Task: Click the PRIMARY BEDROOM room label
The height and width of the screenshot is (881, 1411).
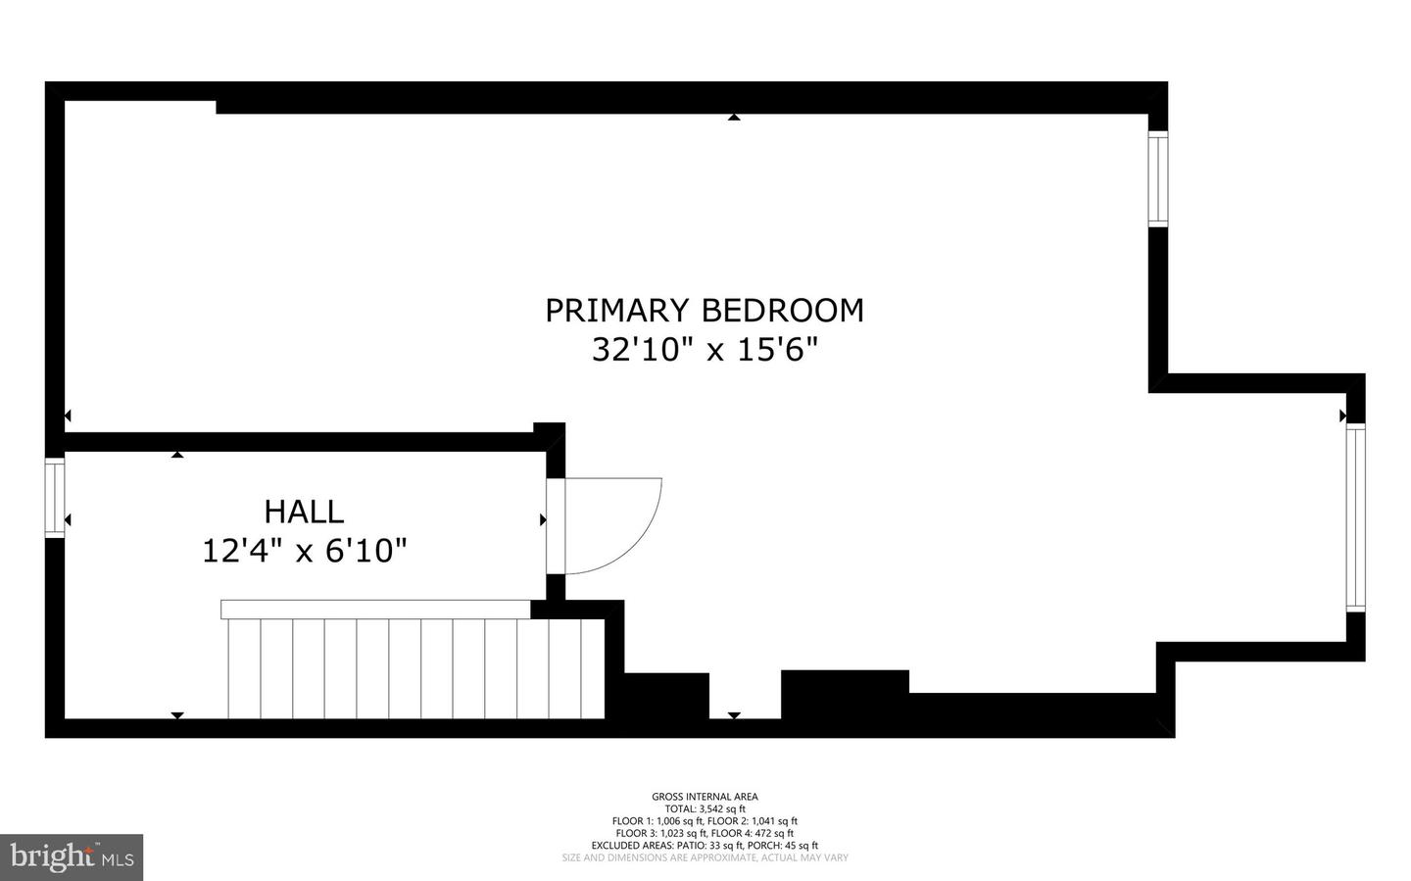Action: pyautogui.click(x=705, y=310)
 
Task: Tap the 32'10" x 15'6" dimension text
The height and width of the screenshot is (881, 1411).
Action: pyautogui.click(x=705, y=349)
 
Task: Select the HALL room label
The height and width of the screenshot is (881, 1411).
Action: pyautogui.click(x=304, y=512)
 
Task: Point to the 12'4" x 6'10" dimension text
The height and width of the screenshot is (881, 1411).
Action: pyautogui.click(x=304, y=551)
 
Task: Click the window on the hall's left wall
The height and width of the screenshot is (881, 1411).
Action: pyautogui.click(x=55, y=498)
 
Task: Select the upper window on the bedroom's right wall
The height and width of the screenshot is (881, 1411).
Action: pyautogui.click(x=1158, y=179)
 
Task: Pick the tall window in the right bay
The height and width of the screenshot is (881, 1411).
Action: pyautogui.click(x=1355, y=518)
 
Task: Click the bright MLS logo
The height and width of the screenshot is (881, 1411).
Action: pyautogui.click(x=72, y=857)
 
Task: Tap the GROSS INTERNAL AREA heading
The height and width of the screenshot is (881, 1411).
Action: pyautogui.click(x=705, y=797)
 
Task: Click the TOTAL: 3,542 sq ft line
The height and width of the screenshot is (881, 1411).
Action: pyautogui.click(x=705, y=809)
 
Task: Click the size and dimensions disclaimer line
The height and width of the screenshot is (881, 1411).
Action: pyautogui.click(x=705, y=857)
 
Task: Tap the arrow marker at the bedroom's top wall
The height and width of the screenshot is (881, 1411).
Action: pyautogui.click(x=734, y=118)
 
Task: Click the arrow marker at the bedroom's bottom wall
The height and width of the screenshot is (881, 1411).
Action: pyautogui.click(x=734, y=715)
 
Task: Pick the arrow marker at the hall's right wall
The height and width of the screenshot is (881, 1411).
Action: pyautogui.click(x=543, y=519)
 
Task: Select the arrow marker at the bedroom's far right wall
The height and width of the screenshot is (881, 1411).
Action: pyautogui.click(x=1342, y=416)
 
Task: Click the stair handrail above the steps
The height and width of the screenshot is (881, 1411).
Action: pyautogui.click(x=375, y=610)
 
